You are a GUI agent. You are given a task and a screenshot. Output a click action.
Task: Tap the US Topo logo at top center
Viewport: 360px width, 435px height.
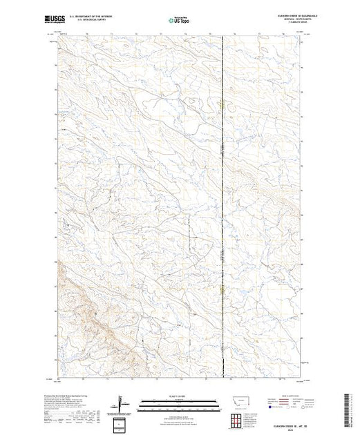(178, 20)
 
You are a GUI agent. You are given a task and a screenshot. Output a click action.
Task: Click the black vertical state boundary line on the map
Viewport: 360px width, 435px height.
(222, 207)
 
